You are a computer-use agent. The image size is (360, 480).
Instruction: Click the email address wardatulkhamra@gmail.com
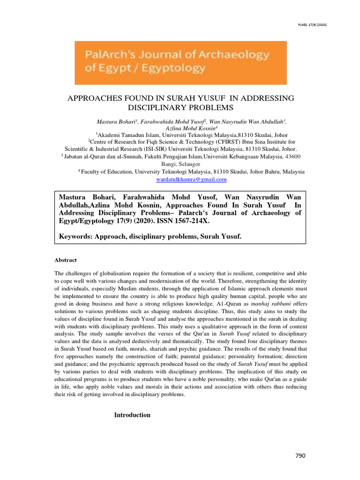pyautogui.click(x=191, y=180)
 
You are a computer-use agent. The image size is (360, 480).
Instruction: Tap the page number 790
pyautogui.click(x=300, y=456)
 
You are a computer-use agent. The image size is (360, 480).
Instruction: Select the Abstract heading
pyautogui.click(x=66, y=260)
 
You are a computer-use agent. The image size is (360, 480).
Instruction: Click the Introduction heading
pyautogui.click(x=133, y=415)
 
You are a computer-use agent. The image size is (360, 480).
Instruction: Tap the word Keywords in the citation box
pyautogui.click(x=74, y=237)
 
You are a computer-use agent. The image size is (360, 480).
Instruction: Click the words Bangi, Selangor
pyautogui.click(x=180, y=165)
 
